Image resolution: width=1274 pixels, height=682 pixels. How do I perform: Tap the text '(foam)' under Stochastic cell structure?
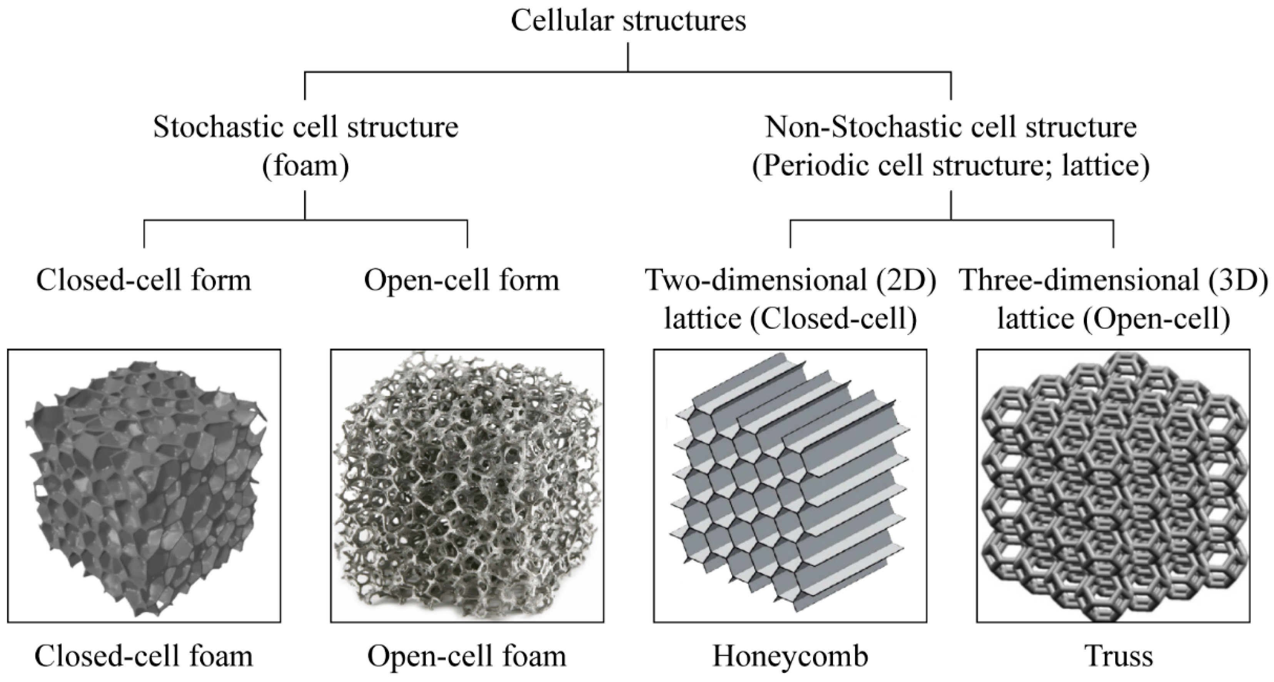pyautogui.click(x=305, y=166)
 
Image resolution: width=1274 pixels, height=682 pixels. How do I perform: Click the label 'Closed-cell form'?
pyautogui.click(x=144, y=280)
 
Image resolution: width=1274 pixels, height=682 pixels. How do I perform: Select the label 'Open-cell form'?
pyautogui.click(x=461, y=280)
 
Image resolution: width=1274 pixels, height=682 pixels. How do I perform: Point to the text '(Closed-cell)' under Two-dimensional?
pyautogui.click(x=834, y=319)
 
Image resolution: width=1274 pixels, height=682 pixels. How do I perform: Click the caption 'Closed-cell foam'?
pyautogui.click(x=144, y=657)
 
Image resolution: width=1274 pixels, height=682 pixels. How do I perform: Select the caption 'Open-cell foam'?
pyautogui.click(x=466, y=657)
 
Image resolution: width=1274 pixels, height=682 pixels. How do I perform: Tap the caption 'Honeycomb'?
pyautogui.click(x=790, y=657)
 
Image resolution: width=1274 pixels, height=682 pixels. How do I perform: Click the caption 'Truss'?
pyautogui.click(x=1119, y=657)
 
